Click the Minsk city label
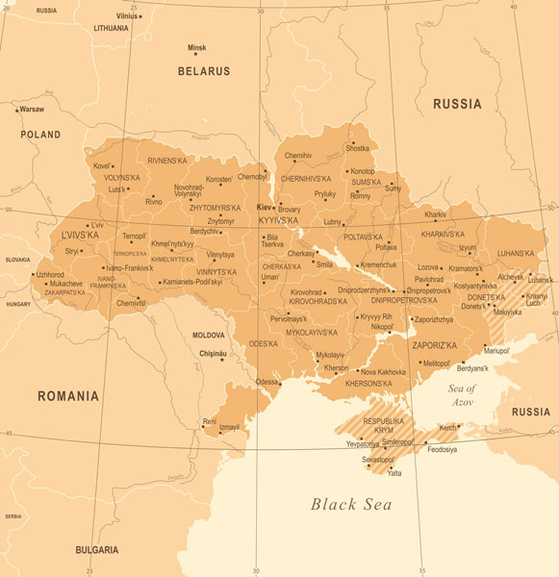[197, 47]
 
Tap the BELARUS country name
[204, 71]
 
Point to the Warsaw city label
[32, 110]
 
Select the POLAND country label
[40, 136]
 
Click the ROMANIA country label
[67, 395]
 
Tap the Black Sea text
[351, 504]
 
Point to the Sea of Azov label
[463, 393]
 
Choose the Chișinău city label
[212, 354]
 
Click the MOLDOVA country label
[209, 335]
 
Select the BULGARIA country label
[97, 550]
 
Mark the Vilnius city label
[126, 16]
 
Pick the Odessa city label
[267, 382]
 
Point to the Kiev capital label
[262, 207]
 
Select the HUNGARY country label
[18, 304]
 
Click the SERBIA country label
[13, 516]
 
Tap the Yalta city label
[394, 472]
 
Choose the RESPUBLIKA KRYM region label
[384, 426]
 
